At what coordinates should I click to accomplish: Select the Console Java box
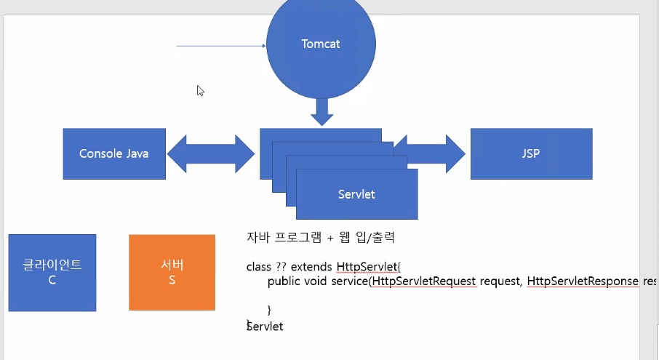tap(114, 153)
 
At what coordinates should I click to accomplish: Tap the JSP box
tap(531, 153)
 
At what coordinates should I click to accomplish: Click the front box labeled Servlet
tap(356, 194)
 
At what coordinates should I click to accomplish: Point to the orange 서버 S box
tap(172, 273)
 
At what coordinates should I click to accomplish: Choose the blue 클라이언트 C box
tap(52, 273)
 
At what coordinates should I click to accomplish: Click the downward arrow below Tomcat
tap(321, 111)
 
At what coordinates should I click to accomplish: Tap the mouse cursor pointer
tap(200, 90)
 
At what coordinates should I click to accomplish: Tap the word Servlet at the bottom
tap(265, 327)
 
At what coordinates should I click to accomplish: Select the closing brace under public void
tap(269, 310)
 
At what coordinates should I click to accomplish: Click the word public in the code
tap(284, 281)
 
